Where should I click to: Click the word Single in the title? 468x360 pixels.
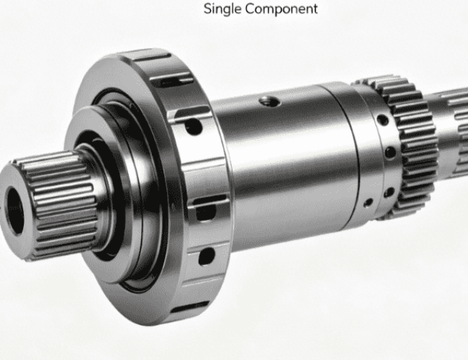(x=222, y=9)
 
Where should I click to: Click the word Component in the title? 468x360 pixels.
(x=281, y=9)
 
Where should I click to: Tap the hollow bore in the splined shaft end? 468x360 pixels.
(x=14, y=211)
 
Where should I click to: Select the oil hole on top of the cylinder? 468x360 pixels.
(x=269, y=102)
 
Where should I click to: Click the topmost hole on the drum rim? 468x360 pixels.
(x=194, y=126)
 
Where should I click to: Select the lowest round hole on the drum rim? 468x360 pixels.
(x=207, y=256)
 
